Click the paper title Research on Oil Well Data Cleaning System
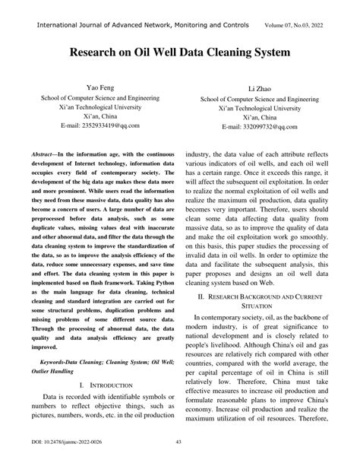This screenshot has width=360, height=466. [180, 55]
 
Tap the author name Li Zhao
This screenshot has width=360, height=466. [260, 89]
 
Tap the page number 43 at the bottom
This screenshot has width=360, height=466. [179, 442]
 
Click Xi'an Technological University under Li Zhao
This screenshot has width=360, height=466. [260, 109]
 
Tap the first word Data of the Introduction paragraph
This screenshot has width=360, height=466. [52, 397]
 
